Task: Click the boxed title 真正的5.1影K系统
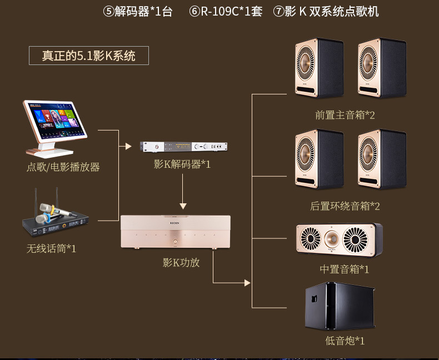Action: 89,56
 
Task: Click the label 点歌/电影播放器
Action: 63,167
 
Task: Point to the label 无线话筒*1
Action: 51,248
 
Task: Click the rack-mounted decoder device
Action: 183,146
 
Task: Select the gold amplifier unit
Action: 176,232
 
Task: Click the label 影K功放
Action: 181,263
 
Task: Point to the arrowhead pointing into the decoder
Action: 128,146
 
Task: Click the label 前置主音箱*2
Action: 345,115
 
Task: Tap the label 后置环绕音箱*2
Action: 345,206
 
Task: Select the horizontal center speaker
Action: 338,240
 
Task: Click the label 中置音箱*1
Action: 345,269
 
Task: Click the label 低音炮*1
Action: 345,341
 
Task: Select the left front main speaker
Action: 318,68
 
